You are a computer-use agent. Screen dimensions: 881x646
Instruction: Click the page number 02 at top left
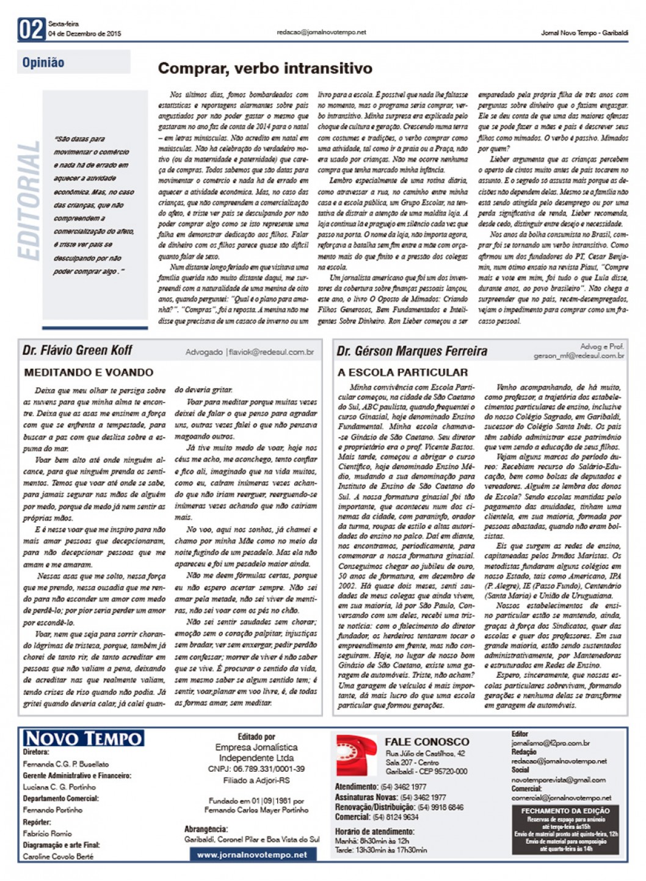click(32, 29)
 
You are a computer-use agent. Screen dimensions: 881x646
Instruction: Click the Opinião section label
click(43, 62)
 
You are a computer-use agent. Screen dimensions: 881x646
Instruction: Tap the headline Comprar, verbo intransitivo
click(265, 68)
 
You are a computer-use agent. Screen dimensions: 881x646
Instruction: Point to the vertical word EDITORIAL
click(30, 201)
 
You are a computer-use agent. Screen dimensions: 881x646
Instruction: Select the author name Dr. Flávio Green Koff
click(77, 350)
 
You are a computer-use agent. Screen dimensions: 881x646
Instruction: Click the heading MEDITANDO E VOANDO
click(89, 372)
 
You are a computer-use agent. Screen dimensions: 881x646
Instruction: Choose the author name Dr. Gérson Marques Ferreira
click(412, 351)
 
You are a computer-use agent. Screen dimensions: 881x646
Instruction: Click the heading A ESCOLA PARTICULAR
click(403, 372)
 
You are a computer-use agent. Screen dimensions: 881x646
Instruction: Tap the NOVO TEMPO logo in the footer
click(83, 738)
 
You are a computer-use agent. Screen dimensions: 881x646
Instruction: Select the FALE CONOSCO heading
click(427, 742)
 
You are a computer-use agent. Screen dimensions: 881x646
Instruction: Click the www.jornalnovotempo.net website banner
click(252, 855)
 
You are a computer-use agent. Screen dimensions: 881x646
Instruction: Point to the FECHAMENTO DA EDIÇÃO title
click(565, 811)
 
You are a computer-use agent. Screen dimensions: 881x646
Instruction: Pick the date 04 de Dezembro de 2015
click(85, 34)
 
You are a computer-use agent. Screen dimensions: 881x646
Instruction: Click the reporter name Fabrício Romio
click(47, 833)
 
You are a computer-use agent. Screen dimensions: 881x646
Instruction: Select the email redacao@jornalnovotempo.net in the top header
click(321, 32)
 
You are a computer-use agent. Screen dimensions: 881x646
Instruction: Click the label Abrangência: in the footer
click(206, 829)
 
